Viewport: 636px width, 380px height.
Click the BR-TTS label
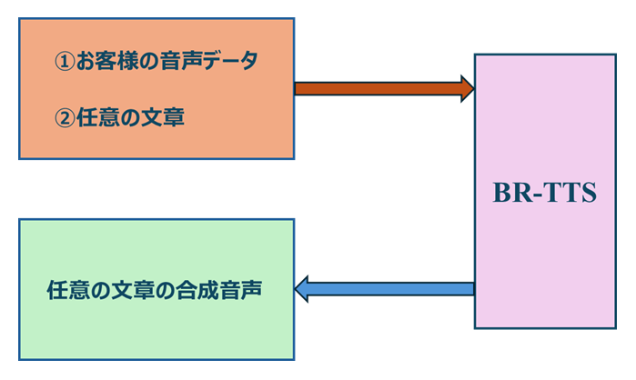pyautogui.click(x=544, y=194)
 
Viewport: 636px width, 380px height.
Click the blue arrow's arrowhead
pyautogui.click(x=303, y=289)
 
